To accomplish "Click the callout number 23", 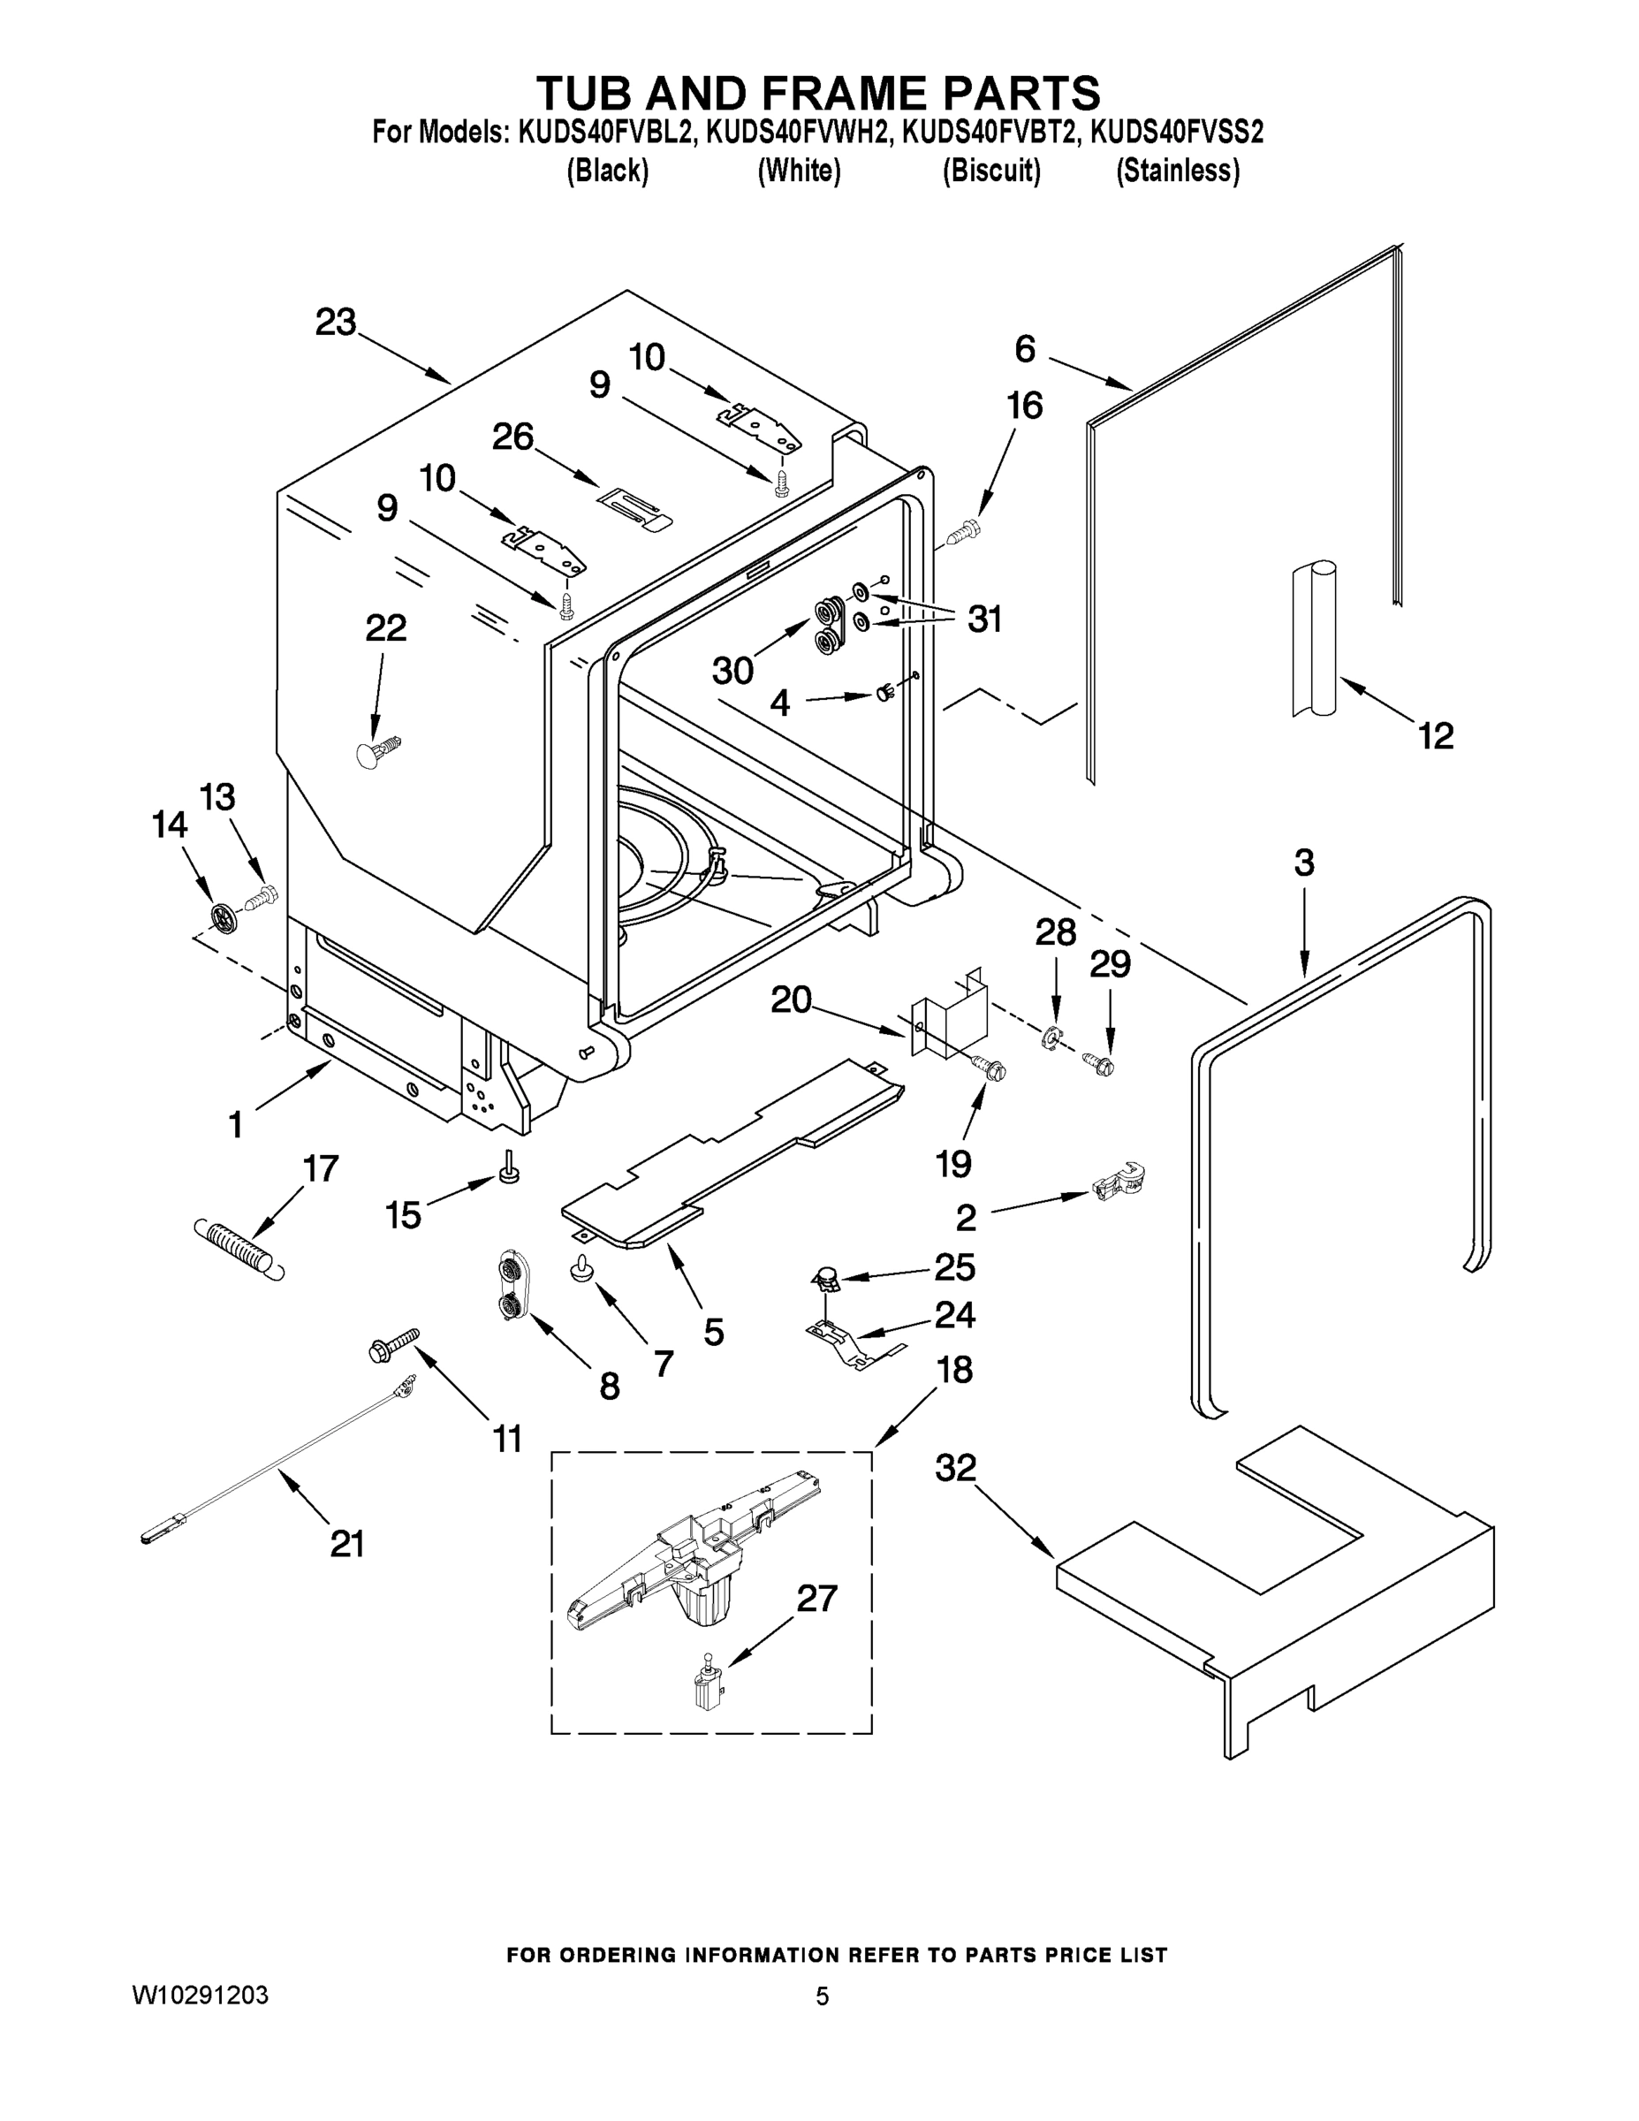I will tap(335, 323).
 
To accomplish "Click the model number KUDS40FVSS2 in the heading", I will tap(1177, 132).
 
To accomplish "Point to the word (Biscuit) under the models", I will tap(991, 171).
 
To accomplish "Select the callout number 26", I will tap(512, 437).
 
